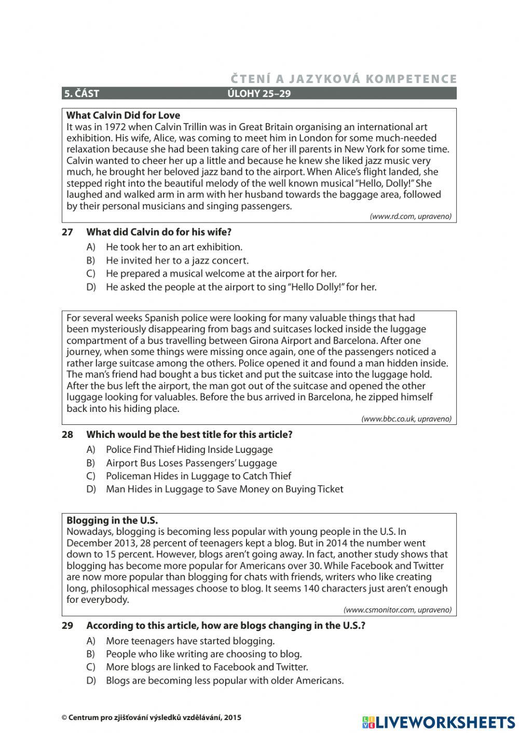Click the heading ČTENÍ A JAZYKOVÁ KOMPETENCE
click(x=344, y=79)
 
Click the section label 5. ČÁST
click(x=81, y=94)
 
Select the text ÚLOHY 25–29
click(x=259, y=94)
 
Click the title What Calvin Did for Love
click(x=123, y=115)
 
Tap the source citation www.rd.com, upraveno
click(x=410, y=216)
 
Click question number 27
click(x=67, y=232)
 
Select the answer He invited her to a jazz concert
click(x=177, y=260)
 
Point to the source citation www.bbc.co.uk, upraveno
click(x=406, y=419)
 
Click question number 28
click(x=67, y=435)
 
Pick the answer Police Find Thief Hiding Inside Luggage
click(x=189, y=450)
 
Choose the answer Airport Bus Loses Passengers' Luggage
click(x=191, y=463)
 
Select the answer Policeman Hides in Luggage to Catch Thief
click(x=198, y=476)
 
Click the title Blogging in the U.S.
click(x=112, y=520)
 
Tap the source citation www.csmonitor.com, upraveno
click(x=397, y=610)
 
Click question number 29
click(x=67, y=626)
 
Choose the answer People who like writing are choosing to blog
click(x=203, y=654)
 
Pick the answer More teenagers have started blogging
click(x=190, y=641)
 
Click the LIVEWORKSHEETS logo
click(x=439, y=722)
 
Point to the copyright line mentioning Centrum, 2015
click(x=151, y=718)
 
